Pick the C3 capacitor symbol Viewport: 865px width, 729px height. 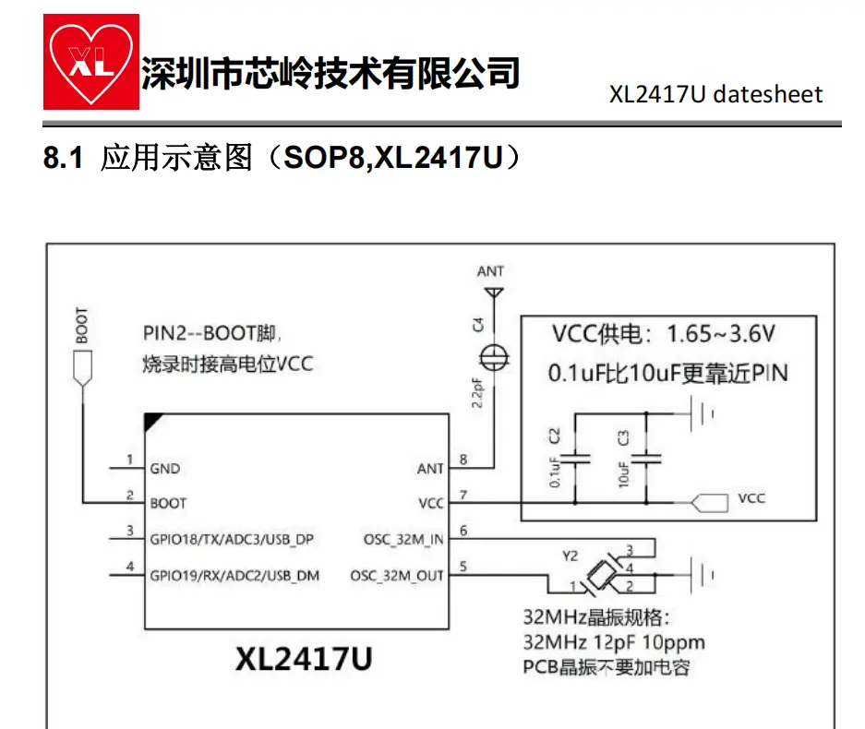646,457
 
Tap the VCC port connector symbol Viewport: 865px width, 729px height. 707,503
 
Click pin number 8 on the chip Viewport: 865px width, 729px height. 463,459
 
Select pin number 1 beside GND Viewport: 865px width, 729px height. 130,459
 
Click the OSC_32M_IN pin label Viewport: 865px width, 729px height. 403,539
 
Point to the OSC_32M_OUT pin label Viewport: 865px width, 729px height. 397,576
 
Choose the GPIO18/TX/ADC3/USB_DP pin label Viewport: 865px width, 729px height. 234,539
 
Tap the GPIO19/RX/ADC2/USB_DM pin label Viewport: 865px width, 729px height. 234,576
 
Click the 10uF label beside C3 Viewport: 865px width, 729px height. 626,473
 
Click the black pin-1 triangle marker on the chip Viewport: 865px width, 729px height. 153,421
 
